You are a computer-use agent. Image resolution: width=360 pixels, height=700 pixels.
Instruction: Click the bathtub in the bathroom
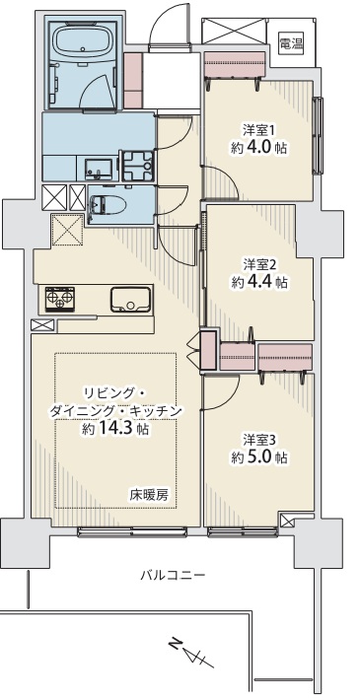(84, 41)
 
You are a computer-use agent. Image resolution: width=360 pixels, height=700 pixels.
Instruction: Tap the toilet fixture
(108, 205)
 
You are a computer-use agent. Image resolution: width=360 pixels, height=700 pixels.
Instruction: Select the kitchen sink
(130, 299)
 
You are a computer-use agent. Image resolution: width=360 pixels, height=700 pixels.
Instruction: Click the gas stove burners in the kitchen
(60, 298)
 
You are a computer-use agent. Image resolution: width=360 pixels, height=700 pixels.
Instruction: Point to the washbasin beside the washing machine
(99, 169)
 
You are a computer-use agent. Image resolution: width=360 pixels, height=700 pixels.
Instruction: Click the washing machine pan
(137, 166)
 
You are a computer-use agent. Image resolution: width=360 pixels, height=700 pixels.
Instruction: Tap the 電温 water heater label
(291, 43)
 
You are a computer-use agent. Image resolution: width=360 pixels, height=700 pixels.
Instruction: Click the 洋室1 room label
(257, 130)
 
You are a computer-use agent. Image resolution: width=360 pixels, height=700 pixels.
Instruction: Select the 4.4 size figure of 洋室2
(258, 282)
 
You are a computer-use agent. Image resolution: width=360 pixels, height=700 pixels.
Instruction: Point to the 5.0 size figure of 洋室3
(258, 457)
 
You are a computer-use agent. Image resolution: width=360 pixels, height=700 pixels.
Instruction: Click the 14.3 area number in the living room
(113, 430)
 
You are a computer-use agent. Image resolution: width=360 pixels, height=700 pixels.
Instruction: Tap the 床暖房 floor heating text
(149, 495)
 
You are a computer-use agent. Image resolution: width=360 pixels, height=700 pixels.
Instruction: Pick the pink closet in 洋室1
(236, 65)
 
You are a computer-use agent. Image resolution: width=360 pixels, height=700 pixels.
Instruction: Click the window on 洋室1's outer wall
(318, 135)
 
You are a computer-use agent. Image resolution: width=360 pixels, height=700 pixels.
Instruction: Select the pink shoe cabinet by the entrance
(132, 81)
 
